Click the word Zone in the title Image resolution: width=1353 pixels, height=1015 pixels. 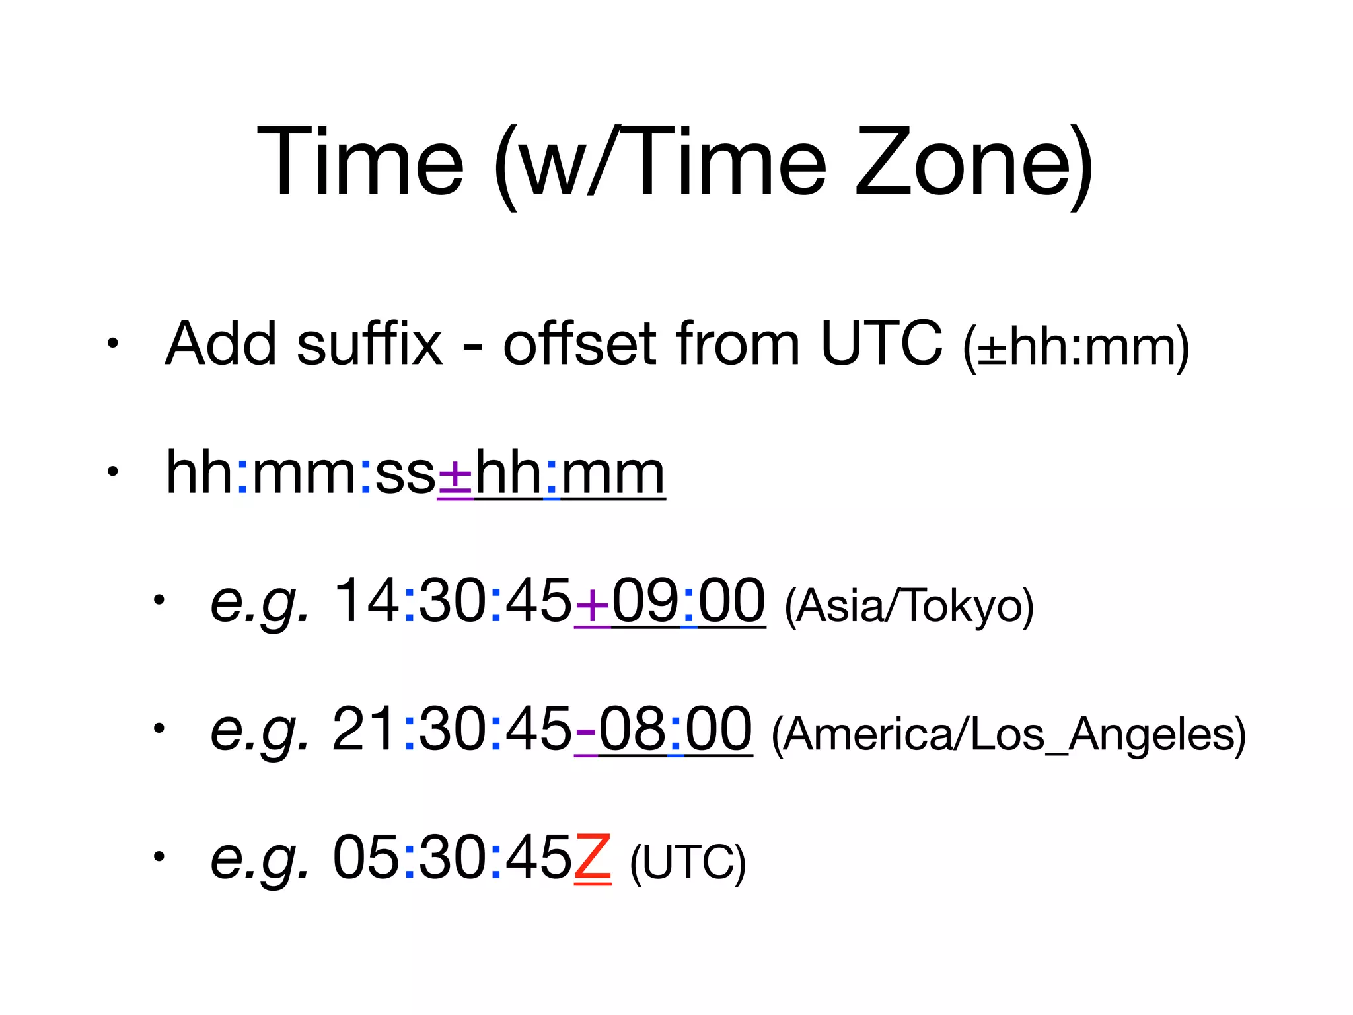pyautogui.click(x=974, y=163)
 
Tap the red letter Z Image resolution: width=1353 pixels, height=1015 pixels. pyautogui.click(x=593, y=858)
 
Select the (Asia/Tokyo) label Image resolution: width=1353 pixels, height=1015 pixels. pyautogui.click(x=909, y=605)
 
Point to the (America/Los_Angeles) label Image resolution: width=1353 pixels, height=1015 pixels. pyautogui.click(x=1008, y=734)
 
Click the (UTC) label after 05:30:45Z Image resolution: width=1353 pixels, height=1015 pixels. pyautogui.click(x=688, y=862)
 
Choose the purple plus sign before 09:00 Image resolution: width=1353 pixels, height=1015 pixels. pyautogui.click(x=592, y=603)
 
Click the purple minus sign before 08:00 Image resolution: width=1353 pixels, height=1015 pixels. pyautogui.click(x=586, y=732)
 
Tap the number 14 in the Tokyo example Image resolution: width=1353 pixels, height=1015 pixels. pyautogui.click(x=367, y=600)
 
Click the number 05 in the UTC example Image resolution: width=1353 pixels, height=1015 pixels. pyautogui.click(x=366, y=857)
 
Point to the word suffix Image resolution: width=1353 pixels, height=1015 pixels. pyautogui.click(x=369, y=344)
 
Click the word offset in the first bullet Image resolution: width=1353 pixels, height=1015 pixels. pyautogui.click(x=579, y=344)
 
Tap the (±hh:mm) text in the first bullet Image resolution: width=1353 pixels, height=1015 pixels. pyautogui.click(x=1076, y=347)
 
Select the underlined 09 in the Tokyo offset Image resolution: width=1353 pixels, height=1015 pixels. pyautogui.click(x=645, y=600)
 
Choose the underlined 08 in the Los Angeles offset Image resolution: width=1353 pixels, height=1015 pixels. pyautogui.click(x=632, y=729)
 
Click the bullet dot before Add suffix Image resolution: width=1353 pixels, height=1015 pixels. pyautogui.click(x=113, y=344)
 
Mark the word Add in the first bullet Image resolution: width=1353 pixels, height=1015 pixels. pyautogui.click(x=221, y=344)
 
